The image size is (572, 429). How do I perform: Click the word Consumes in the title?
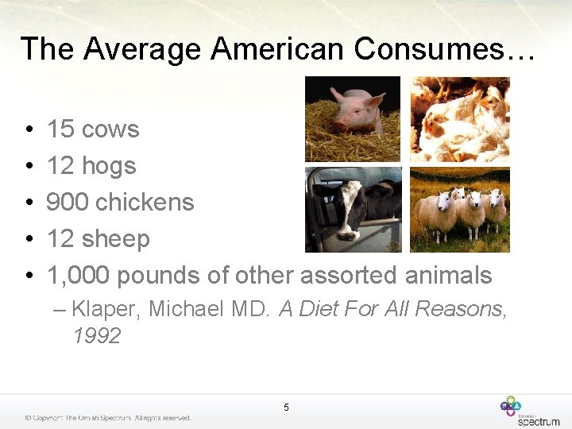(445, 49)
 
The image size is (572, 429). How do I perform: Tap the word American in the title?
(279, 49)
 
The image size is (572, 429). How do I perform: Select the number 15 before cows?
(60, 129)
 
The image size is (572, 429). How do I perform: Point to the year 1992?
(96, 336)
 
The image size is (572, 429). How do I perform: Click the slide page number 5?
(286, 408)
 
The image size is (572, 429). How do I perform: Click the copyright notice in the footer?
(107, 418)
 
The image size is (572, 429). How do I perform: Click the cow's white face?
(346, 214)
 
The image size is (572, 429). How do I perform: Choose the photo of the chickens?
(459, 118)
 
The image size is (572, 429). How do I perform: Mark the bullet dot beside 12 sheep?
(28, 239)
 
